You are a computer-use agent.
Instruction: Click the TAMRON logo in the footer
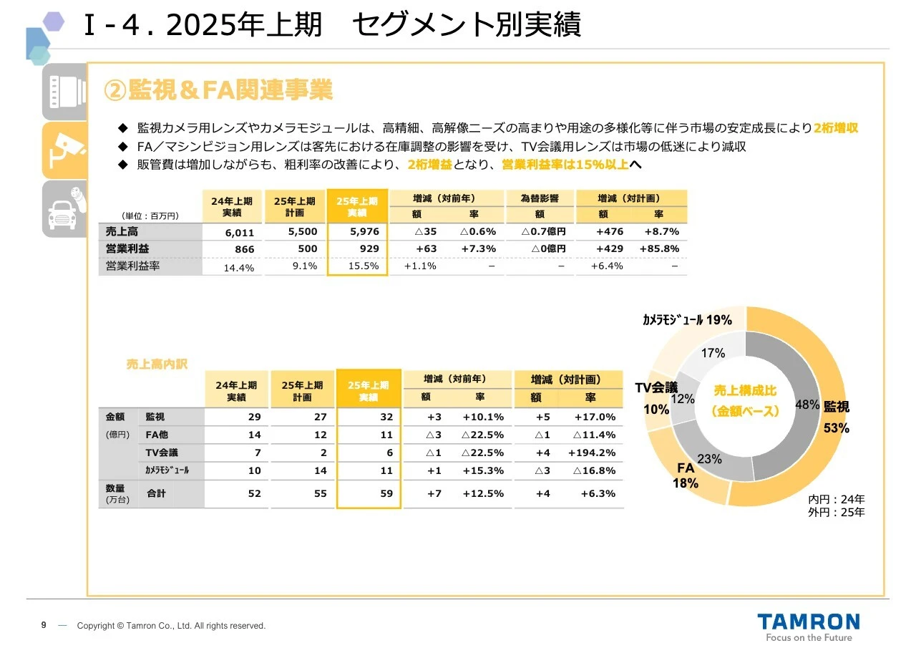[809, 622]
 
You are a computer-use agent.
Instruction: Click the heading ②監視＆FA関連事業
[218, 90]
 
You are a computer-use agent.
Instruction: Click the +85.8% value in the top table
[661, 249]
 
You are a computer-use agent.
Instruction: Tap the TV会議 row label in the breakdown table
[162, 453]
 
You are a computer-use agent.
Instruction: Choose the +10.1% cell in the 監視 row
[483, 417]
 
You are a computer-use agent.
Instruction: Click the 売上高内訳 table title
[157, 364]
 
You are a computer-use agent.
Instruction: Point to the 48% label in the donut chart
[807, 405]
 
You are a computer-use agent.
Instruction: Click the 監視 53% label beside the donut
[836, 417]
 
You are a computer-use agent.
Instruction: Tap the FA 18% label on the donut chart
[686, 475]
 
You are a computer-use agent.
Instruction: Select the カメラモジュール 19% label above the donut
[687, 321]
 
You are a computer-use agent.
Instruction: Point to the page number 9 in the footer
[44, 626]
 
